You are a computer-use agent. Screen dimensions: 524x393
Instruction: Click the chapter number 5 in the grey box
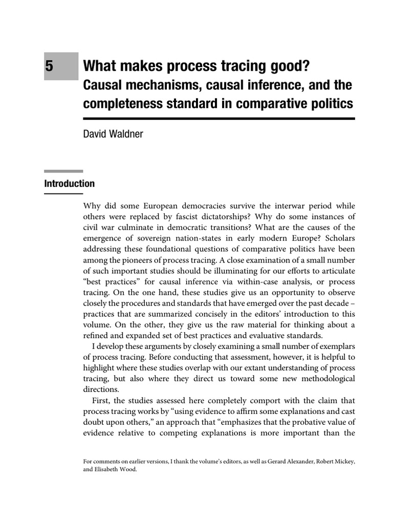[x=50, y=67]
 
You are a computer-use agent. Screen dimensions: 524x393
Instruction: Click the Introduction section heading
[x=69, y=183]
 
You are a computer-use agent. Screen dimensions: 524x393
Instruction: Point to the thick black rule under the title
[x=219, y=119]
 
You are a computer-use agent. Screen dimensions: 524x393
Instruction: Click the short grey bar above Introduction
[x=63, y=171]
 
